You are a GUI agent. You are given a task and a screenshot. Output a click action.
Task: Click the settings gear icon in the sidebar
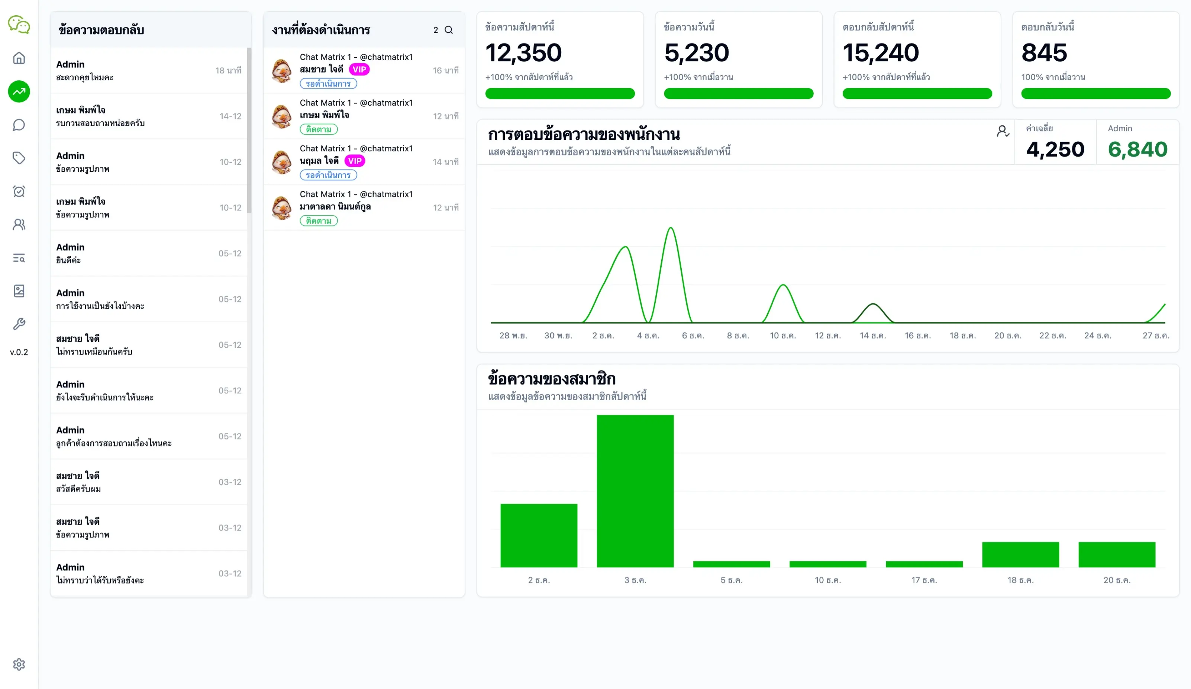(x=19, y=664)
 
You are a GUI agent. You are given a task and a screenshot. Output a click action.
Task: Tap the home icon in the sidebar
(x=19, y=58)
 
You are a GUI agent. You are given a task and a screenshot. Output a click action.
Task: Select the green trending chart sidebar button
(x=19, y=91)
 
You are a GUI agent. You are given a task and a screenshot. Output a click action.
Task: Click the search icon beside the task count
(x=449, y=30)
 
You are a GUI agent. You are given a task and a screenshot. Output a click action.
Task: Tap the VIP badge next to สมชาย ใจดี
(x=359, y=70)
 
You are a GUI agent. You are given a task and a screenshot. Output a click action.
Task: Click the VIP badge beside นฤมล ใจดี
(x=355, y=161)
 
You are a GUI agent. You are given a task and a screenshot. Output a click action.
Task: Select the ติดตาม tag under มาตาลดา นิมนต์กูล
(x=319, y=221)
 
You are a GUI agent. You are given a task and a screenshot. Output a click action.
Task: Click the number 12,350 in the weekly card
(x=523, y=52)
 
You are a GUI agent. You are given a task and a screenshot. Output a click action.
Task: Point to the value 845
(x=1044, y=52)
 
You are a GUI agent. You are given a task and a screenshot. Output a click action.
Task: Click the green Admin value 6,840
(x=1137, y=149)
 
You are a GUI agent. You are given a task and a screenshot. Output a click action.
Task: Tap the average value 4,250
(x=1055, y=149)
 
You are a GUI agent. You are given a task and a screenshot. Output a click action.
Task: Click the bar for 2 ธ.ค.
(x=539, y=535)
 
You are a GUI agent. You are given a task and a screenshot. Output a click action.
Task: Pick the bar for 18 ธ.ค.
(x=1020, y=554)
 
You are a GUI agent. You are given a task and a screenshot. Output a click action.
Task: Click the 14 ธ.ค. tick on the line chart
(x=872, y=335)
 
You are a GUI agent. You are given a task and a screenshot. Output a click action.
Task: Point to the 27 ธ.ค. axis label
(x=1156, y=335)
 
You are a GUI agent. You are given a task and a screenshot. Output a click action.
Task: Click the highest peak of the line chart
(x=671, y=228)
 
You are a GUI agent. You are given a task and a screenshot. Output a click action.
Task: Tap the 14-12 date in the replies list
(x=230, y=116)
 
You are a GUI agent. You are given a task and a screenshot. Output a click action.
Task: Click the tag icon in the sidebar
(x=19, y=158)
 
